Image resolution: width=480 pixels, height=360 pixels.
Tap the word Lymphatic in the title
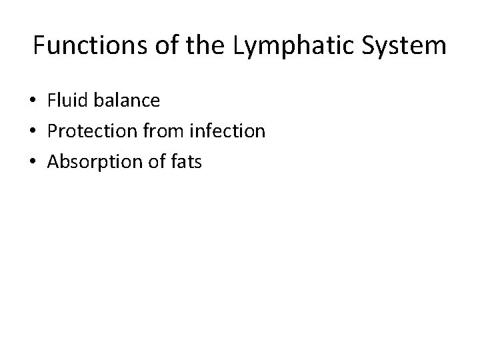click(x=298, y=47)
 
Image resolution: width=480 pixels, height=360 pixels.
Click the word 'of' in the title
click(x=169, y=46)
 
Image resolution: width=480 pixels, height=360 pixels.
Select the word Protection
click(x=91, y=131)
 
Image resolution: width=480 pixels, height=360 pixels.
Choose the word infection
click(x=228, y=131)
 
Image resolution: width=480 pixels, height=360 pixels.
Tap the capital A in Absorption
click(x=54, y=161)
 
